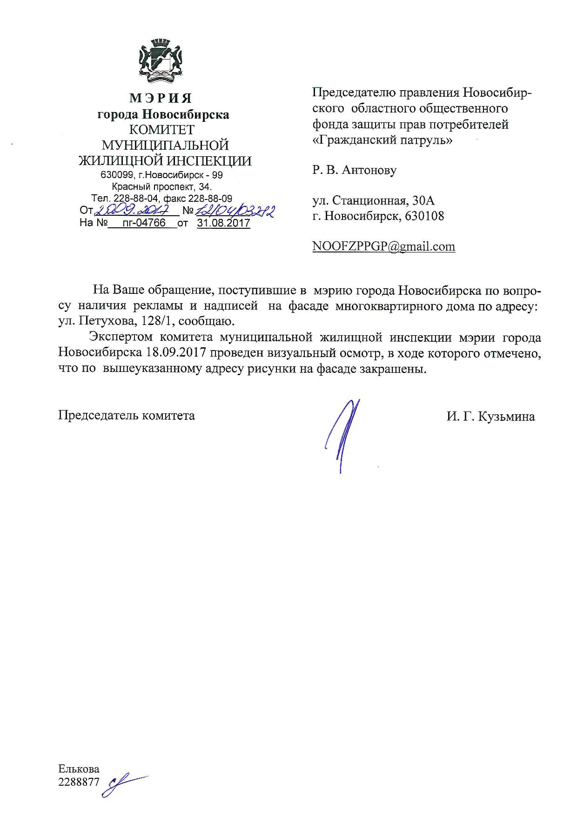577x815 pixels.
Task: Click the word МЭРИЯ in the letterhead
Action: [x=160, y=99]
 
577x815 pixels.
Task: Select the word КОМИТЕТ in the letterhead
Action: [x=161, y=130]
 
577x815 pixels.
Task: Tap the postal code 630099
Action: [x=116, y=176]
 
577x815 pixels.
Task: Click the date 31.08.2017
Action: [x=223, y=223]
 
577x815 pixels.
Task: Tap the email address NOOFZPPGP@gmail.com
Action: [x=383, y=246]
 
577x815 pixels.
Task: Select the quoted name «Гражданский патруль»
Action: [x=382, y=139]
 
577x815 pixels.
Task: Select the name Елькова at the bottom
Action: [x=79, y=769]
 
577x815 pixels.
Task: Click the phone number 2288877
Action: [x=79, y=782]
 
